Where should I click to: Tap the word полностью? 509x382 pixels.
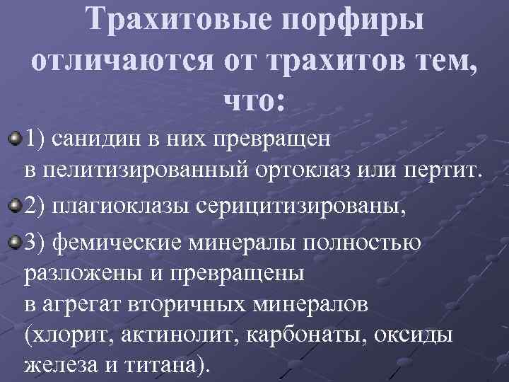[366, 243]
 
